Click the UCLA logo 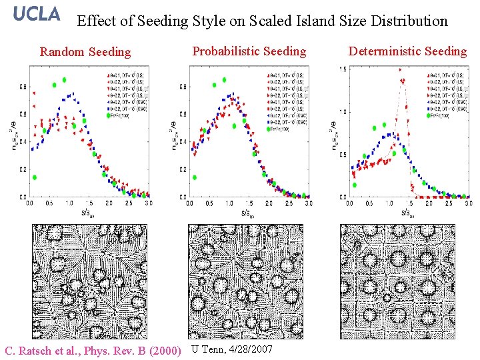[x=37, y=14]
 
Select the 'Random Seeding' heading [x=85, y=52]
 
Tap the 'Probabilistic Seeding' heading [x=249, y=51]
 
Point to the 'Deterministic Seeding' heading [x=407, y=51]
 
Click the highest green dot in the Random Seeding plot [x=64, y=79]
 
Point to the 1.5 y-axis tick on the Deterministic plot [x=342, y=69]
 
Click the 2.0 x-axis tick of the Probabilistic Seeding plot [x=267, y=202]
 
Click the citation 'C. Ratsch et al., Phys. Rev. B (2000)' [x=93, y=350]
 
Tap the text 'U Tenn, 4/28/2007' [x=231, y=349]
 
